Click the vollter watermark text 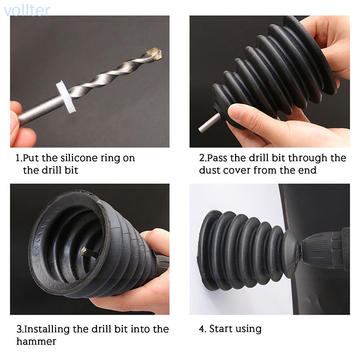coord(26,10)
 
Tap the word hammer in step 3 coord(36,341)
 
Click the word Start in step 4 coord(222,329)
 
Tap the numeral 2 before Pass coord(202,158)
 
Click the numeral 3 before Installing coord(19,329)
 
